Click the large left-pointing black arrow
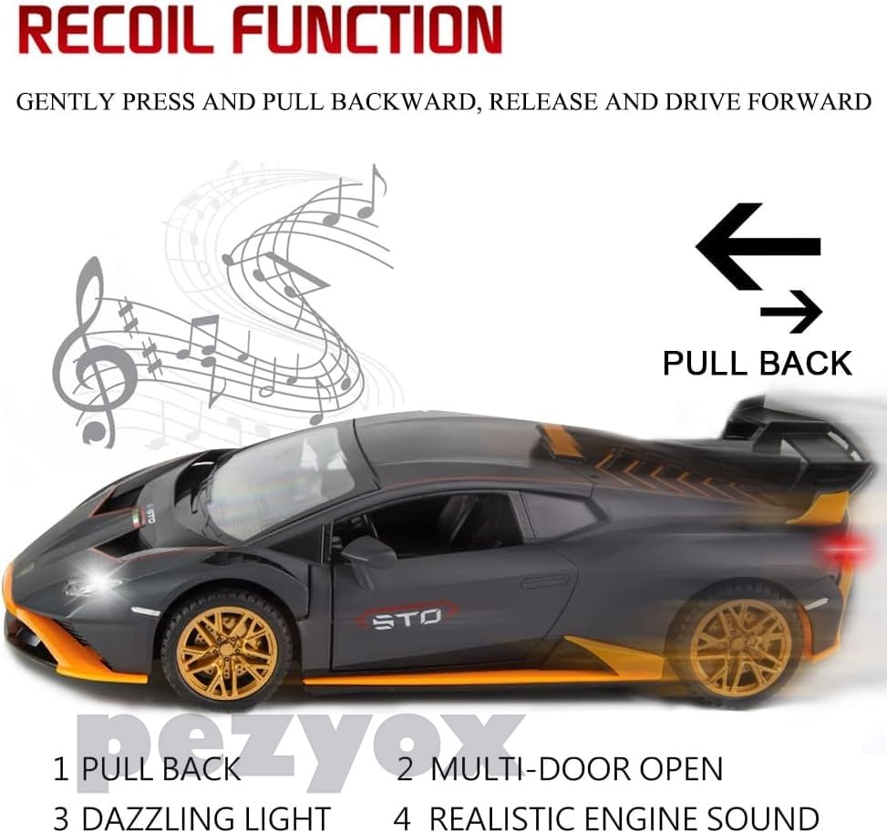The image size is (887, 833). pos(757,246)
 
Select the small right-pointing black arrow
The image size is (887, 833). pos(791,313)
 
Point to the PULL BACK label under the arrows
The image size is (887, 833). pos(757,363)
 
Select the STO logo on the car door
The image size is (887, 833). pos(401,618)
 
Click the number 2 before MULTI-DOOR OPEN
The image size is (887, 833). pos(405,768)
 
